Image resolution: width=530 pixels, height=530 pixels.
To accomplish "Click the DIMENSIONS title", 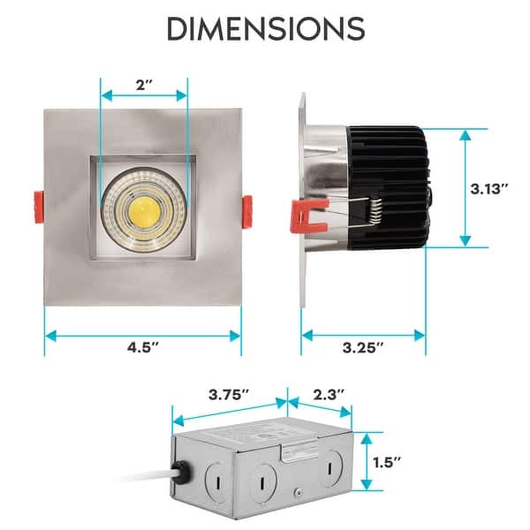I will (x=265, y=28).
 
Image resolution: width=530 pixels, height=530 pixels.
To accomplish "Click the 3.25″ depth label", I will (x=363, y=347).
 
